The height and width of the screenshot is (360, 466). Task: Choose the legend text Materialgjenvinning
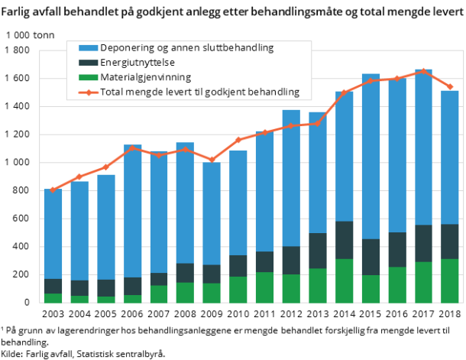tap(146, 77)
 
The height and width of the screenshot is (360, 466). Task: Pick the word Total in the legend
tap(113, 92)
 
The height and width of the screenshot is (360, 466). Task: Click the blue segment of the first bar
tap(53, 233)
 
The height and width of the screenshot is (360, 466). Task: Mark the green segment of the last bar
tap(450, 281)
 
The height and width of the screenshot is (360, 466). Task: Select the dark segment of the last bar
tap(450, 242)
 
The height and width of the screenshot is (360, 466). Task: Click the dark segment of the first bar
tap(53, 286)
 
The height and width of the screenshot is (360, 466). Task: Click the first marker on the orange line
tap(53, 190)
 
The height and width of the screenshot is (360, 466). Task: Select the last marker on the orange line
tap(450, 87)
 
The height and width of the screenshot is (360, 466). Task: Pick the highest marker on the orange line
tap(423, 71)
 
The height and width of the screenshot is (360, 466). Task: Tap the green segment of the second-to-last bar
tap(423, 282)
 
